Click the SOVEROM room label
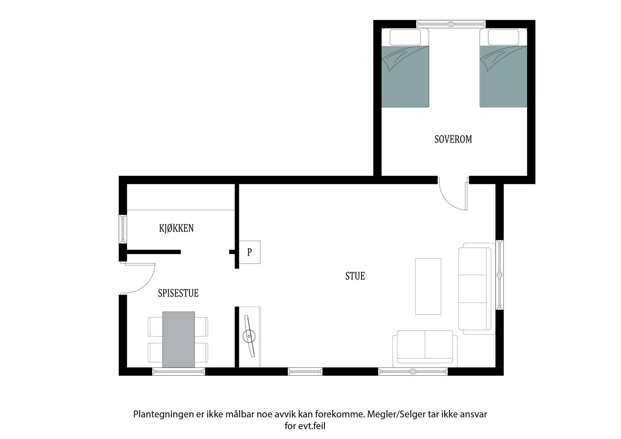click(x=453, y=139)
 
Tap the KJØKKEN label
click(x=176, y=228)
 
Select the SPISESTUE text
click(x=178, y=293)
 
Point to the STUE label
click(x=355, y=276)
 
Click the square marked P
click(x=250, y=252)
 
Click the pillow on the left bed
click(x=405, y=37)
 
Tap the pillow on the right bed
click(x=503, y=37)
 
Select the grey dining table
click(x=179, y=340)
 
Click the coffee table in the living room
click(x=428, y=286)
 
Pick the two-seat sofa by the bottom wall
click(x=425, y=349)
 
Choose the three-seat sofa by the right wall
click(x=477, y=289)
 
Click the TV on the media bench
click(x=249, y=336)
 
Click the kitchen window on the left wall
click(x=123, y=229)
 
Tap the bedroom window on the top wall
click(x=451, y=24)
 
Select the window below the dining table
click(x=179, y=371)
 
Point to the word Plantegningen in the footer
click(x=163, y=414)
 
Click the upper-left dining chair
click(x=156, y=327)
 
